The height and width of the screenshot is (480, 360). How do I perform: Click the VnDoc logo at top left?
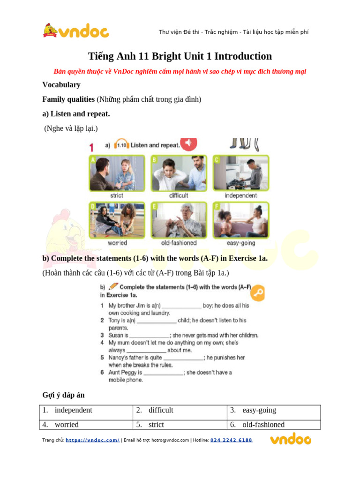pyautogui.click(x=76, y=31)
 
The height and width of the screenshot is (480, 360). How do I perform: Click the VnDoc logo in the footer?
pyautogui.click(x=290, y=440)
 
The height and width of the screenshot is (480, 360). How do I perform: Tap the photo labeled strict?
pyautogui.click(x=116, y=173)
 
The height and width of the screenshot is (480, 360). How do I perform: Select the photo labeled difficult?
pyautogui.click(x=179, y=173)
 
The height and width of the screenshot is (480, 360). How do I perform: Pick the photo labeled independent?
pyautogui.click(x=241, y=173)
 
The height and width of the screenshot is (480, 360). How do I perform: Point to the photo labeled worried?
pyautogui.click(x=117, y=220)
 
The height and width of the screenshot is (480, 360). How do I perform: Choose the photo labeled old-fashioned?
pyautogui.click(x=179, y=220)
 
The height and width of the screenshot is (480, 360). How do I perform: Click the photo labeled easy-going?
pyautogui.click(x=241, y=220)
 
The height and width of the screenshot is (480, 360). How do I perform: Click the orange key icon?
pyautogui.click(x=257, y=294)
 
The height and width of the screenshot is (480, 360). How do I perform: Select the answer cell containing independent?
pyautogui.click(x=86, y=411)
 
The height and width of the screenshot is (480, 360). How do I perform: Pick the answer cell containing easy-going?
pyautogui.click(x=274, y=411)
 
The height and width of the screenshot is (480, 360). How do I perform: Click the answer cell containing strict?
pyautogui.click(x=180, y=425)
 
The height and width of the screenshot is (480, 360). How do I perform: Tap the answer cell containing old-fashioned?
pyautogui.click(x=274, y=425)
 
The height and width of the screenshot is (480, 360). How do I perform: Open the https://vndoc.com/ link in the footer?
pyautogui.click(x=92, y=440)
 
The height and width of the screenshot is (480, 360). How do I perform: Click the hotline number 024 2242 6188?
pyautogui.click(x=231, y=440)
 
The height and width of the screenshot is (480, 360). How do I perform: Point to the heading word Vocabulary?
pyautogui.click(x=61, y=85)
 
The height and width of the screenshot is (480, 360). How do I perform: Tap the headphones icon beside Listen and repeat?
pyautogui.click(x=122, y=145)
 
